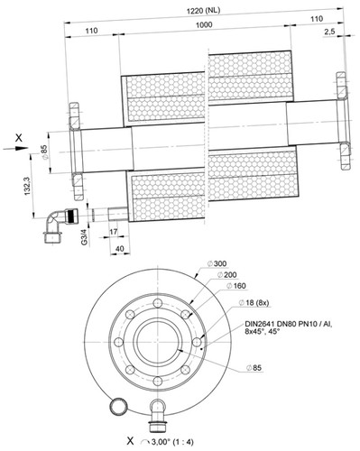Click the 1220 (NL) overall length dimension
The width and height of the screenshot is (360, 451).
tap(204, 11)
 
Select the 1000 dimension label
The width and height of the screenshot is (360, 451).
tap(204, 24)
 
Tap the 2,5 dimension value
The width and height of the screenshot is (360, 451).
tap(330, 32)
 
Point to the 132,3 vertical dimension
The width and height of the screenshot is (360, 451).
tap(28, 186)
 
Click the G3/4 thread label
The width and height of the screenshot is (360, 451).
tap(85, 237)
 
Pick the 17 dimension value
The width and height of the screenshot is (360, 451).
tap(114, 232)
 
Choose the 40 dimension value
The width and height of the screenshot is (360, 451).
tap(120, 249)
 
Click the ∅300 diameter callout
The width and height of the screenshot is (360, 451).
tap(217, 263)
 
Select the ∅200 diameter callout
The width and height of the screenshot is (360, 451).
tap(226, 274)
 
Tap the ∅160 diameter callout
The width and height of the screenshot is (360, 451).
tap(236, 286)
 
